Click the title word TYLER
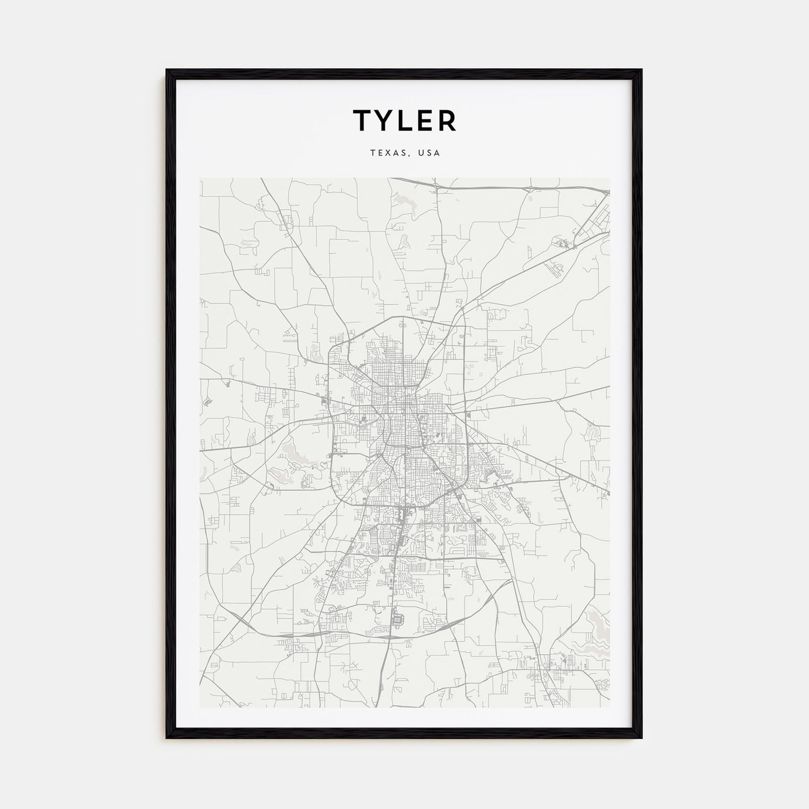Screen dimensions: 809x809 click(404, 120)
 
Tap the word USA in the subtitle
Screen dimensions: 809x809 click(430, 153)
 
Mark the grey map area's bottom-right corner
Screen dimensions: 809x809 click(609, 708)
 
